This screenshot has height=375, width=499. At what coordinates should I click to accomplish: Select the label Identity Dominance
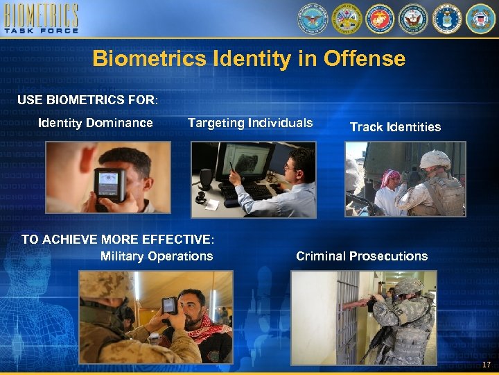[x=96, y=123]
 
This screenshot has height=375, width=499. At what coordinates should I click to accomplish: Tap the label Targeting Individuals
[x=249, y=123]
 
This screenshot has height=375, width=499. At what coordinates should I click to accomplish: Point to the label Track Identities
[x=395, y=126]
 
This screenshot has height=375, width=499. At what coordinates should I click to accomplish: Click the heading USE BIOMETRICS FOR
[x=87, y=100]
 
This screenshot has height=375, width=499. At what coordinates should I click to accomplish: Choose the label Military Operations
[x=157, y=256]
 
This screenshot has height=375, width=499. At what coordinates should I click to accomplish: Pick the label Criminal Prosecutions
[x=362, y=256]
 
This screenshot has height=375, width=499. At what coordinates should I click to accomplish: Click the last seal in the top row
[x=480, y=19]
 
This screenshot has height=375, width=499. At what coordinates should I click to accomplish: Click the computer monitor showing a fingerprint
[x=243, y=161]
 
